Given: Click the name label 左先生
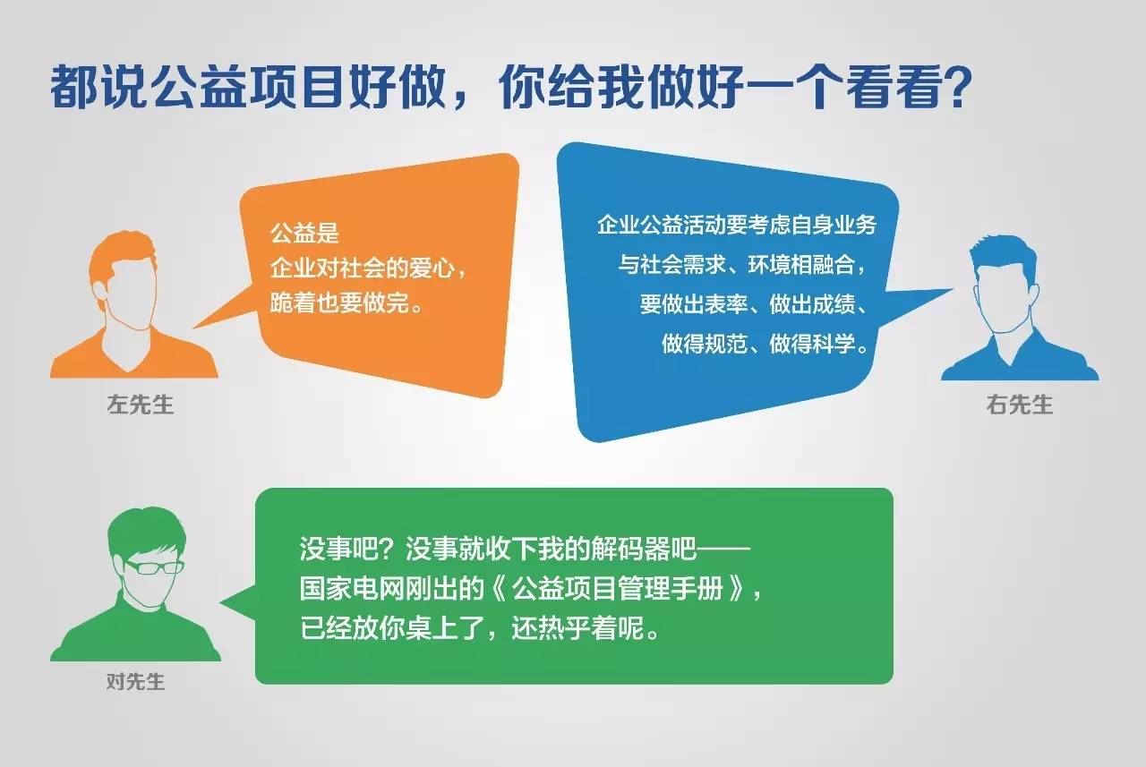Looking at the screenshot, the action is point(141,404).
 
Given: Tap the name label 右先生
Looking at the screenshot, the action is point(1020,405).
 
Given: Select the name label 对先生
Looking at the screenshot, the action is point(135,681).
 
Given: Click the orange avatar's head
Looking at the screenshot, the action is point(123,281).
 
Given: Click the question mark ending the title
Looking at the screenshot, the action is point(954,87).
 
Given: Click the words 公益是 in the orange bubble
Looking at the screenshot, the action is point(304,234).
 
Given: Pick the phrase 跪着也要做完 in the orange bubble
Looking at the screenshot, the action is point(338,303).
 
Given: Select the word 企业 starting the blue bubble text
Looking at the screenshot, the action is point(618,225).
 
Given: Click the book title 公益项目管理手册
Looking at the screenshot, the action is point(618,589).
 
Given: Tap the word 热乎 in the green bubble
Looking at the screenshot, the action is point(564,628).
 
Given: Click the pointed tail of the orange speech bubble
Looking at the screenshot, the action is point(194,328).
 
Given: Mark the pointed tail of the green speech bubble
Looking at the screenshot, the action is point(221,603).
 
